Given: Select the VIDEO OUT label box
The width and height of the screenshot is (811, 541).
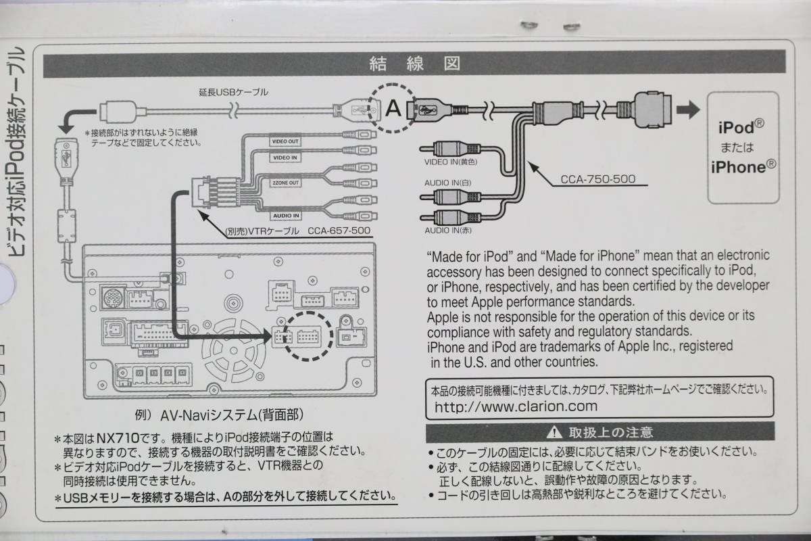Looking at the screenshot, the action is [x=285, y=142].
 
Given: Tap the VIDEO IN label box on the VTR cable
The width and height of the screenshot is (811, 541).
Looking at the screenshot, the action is [x=285, y=158].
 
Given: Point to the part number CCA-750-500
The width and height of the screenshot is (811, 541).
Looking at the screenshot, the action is [x=598, y=181].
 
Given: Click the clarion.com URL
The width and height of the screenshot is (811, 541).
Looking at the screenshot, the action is [x=516, y=406].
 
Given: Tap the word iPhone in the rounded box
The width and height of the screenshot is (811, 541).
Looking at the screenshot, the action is [x=741, y=168].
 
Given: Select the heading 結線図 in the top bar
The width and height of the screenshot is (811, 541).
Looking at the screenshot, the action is [x=414, y=65].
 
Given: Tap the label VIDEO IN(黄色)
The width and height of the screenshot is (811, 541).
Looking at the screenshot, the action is [x=451, y=162].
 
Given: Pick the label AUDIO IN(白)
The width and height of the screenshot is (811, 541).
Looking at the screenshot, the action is [x=448, y=183].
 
